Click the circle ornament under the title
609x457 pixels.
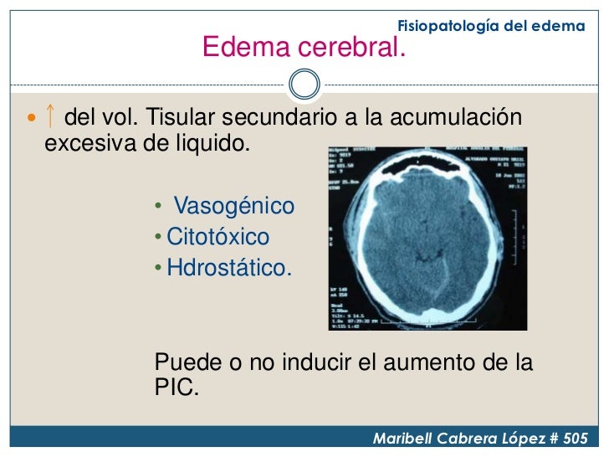click(x=304, y=83)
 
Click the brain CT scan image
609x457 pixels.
click(x=427, y=234)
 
